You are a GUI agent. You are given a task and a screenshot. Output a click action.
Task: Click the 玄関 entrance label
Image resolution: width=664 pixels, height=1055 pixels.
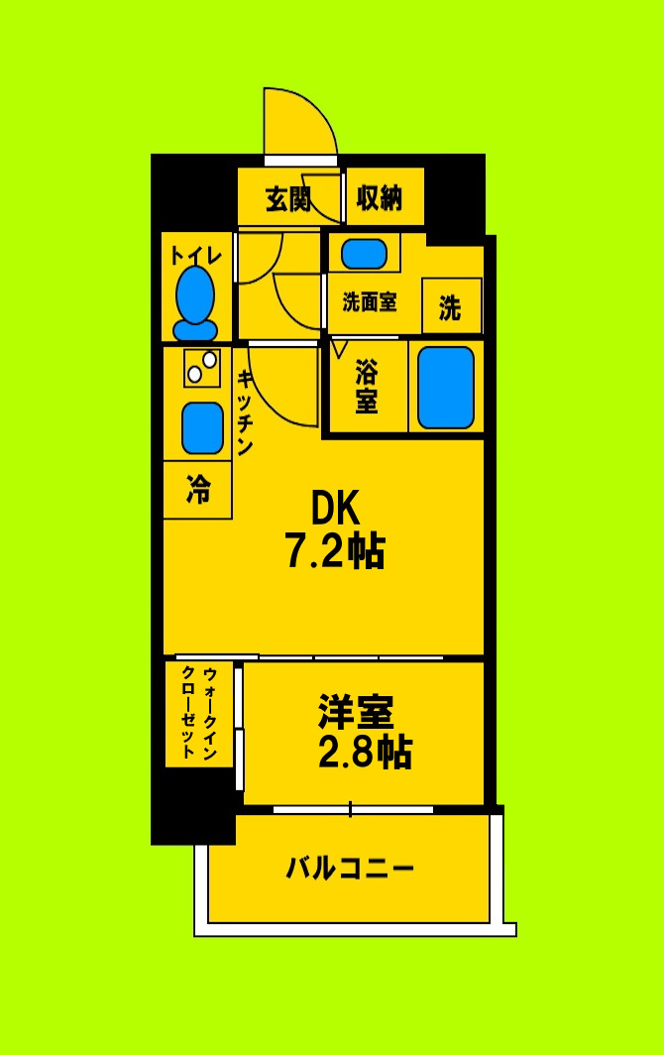tap(288, 199)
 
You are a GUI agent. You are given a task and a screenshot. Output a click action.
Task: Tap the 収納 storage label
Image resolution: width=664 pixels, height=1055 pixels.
tap(380, 198)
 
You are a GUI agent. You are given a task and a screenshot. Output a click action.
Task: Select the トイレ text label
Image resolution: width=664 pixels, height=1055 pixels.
tap(195, 255)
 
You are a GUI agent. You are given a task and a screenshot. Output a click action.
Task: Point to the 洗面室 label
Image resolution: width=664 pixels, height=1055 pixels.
tap(369, 302)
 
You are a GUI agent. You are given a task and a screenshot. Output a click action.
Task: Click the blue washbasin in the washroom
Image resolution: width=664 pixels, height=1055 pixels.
tap(364, 254)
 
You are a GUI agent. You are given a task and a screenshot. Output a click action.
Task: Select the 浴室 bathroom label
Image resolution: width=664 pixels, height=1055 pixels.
tap(367, 387)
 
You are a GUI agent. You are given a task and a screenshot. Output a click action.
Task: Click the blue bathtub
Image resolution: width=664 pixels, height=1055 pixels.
tap(445, 387)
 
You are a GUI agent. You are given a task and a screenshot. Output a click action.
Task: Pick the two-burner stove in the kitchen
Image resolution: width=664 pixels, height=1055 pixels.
tap(201, 368)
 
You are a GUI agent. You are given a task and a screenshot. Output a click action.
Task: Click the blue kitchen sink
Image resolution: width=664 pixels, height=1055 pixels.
tap(202, 427)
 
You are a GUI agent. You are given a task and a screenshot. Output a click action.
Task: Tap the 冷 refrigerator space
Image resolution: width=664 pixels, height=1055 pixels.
tap(198, 489)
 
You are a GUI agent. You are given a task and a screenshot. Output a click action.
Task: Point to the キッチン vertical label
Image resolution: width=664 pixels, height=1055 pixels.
tap(244, 411)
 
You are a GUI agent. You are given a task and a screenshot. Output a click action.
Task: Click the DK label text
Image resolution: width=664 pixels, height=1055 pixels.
tap(335, 509)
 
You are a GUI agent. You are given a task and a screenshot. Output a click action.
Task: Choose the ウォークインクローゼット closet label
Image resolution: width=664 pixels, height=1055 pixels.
tap(199, 713)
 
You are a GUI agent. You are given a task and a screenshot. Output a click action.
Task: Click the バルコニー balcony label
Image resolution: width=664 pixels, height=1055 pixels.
tap(349, 869)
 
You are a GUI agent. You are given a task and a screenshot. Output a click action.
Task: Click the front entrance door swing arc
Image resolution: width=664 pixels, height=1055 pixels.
tap(297, 119)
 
